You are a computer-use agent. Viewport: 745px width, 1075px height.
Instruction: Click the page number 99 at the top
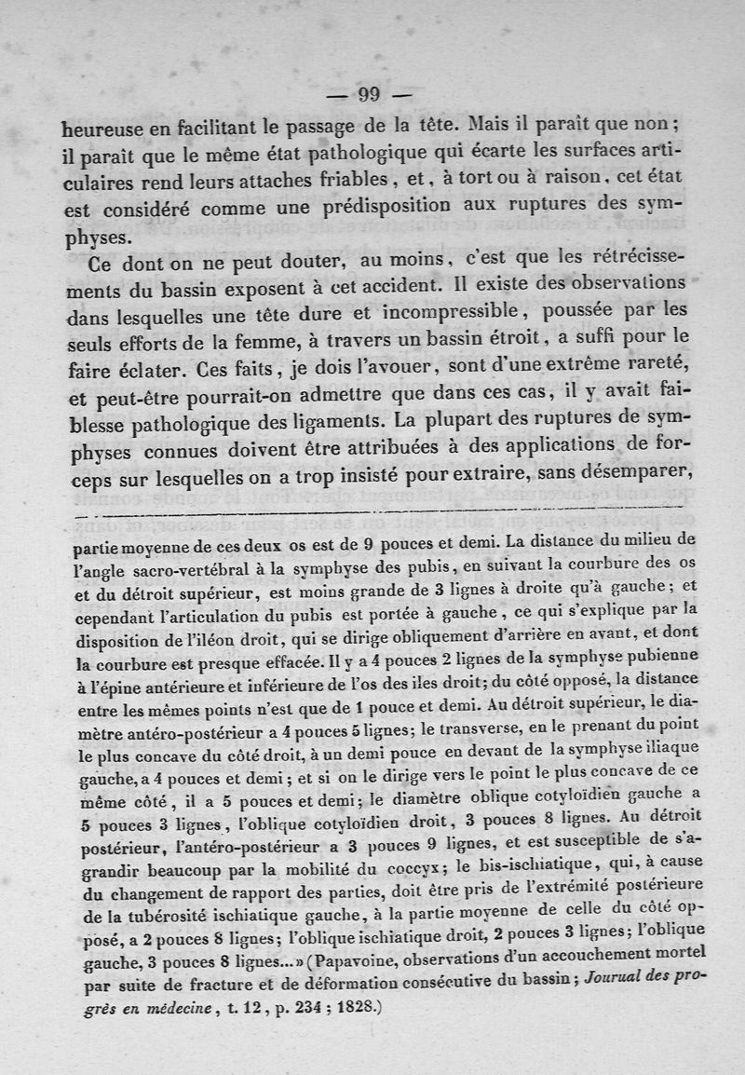370,94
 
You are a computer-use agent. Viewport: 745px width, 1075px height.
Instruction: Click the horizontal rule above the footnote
372,512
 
